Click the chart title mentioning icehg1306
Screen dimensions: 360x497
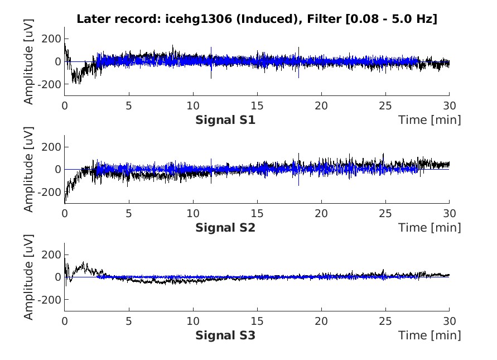coord(257,18)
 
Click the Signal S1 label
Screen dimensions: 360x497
coord(225,120)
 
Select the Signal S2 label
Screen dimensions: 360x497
coord(225,228)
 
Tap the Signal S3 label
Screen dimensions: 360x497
coord(225,335)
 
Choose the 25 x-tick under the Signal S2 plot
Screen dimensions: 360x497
coord(385,214)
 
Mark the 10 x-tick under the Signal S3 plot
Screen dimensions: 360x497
coord(192,321)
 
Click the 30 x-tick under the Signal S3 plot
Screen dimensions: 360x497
coord(449,321)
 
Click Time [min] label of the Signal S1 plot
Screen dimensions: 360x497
coord(430,120)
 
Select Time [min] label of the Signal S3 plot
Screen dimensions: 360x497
coord(430,335)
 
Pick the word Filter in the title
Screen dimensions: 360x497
coord(326,18)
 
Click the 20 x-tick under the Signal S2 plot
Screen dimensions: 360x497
coord(321,214)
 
